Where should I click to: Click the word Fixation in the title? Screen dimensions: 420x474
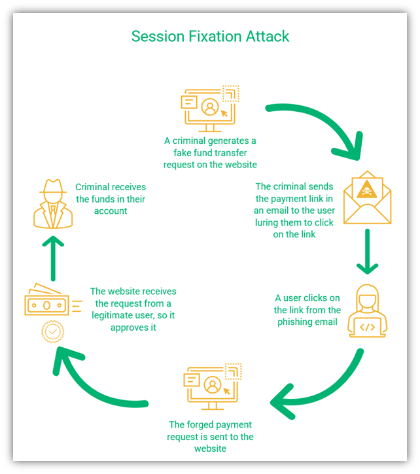point(215,37)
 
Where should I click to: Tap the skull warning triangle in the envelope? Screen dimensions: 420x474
point(367,190)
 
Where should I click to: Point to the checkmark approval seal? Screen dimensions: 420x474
point(52,331)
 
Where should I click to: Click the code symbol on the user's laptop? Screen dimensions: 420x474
point(368,327)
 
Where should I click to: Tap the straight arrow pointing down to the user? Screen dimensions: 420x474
point(368,252)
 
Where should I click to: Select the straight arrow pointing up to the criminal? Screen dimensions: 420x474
point(53,258)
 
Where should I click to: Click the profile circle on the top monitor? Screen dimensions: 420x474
point(210,107)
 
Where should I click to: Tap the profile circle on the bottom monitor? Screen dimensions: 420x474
point(213,384)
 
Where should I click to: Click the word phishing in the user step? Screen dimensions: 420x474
point(292,322)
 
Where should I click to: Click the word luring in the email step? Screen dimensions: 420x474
point(266,223)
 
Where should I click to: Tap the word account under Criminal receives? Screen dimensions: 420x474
point(111,211)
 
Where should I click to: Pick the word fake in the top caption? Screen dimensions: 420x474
point(181,152)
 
